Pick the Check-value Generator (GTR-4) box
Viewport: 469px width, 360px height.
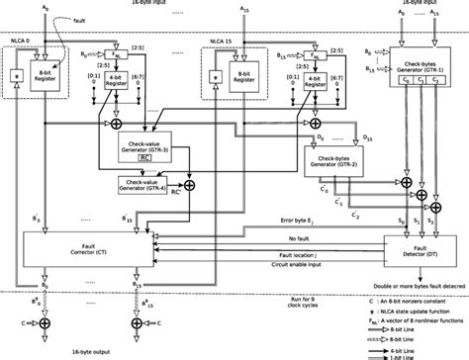145,182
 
